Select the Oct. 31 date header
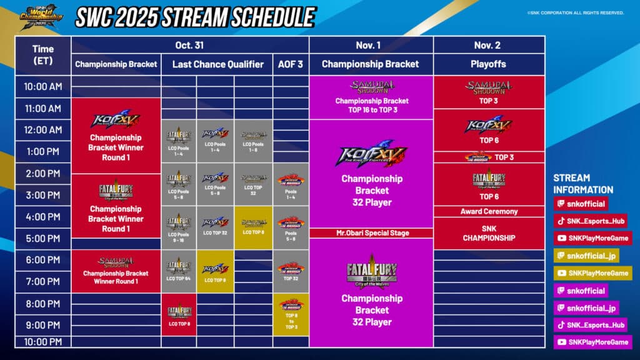[x=190, y=45]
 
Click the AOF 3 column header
[x=291, y=64]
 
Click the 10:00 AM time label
[x=42, y=86]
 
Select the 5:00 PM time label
[x=42, y=238]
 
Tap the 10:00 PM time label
[x=42, y=341]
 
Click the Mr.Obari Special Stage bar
[x=371, y=233]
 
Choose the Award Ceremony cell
[x=489, y=211]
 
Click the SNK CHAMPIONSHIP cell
[x=489, y=233]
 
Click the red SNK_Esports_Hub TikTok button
[x=590, y=221]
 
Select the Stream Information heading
[x=582, y=184]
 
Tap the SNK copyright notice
[x=575, y=12]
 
